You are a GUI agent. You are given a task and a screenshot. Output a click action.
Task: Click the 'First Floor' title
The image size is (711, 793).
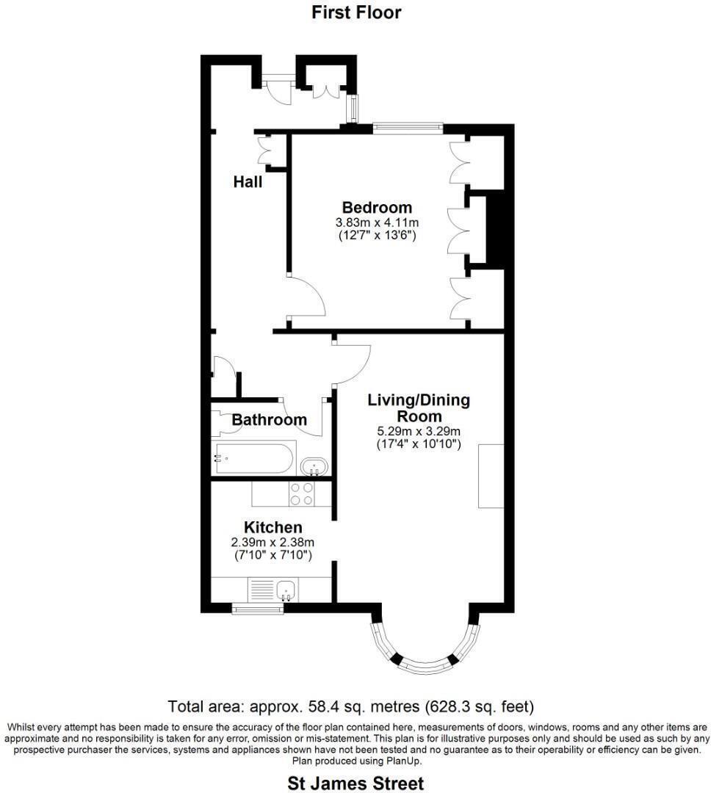coord(356,12)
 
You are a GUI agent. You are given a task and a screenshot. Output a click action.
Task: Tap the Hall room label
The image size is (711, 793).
coord(248,181)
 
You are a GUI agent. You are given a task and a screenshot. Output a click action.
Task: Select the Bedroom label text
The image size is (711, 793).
coord(377,207)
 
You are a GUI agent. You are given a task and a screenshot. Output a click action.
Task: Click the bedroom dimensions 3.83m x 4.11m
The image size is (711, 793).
coord(377,222)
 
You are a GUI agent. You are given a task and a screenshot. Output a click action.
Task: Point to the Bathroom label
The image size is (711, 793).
coord(269,420)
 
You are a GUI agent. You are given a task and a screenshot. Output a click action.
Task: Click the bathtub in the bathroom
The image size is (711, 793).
coord(253,458)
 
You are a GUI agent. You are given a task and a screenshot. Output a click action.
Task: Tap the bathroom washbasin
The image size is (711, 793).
coord(315,466)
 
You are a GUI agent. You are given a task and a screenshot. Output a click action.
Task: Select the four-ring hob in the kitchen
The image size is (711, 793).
coord(302,493)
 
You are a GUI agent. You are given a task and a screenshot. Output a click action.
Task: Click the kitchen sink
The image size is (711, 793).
coord(286,589)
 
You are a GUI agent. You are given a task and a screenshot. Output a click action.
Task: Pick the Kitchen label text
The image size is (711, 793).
coord(273,527)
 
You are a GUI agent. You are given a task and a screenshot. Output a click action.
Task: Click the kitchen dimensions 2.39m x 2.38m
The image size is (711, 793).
coord(273,543)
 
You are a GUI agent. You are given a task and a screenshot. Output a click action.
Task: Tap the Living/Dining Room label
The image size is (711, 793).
coord(419,408)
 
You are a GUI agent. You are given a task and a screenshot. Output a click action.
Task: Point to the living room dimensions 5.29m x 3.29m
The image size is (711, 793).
coord(419,431)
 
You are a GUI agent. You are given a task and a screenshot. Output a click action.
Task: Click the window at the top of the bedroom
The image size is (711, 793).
coord(407,128)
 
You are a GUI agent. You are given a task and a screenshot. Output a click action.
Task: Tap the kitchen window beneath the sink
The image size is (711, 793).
coord(257,608)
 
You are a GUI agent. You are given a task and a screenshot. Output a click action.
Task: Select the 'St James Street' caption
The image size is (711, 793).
coord(355,783)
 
